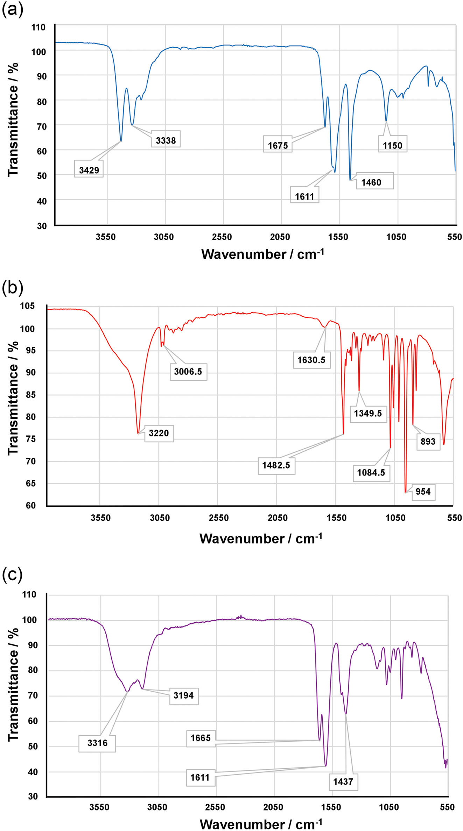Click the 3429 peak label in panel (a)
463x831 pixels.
pyautogui.click(x=89, y=170)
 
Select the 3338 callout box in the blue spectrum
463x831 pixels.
pyautogui.click(x=166, y=140)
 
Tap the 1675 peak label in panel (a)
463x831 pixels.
pyautogui.click(x=278, y=145)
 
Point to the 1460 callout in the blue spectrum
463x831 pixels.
pyautogui.click(x=371, y=182)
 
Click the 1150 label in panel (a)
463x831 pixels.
pyautogui.click(x=393, y=145)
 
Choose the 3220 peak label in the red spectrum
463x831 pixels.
pyautogui.click(x=159, y=433)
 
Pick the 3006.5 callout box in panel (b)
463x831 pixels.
pyautogui.click(x=188, y=371)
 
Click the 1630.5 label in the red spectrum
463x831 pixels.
pyautogui.click(x=311, y=360)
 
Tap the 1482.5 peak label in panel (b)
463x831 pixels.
pyautogui.click(x=276, y=465)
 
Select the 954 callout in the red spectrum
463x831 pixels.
pyautogui.click(x=423, y=491)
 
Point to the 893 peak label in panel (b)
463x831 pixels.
pyautogui.click(x=428, y=441)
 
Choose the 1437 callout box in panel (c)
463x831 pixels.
pyautogui.click(x=343, y=782)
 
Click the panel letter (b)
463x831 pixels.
pyautogui.click(x=13, y=288)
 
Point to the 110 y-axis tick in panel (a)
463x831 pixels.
pyautogui.click(x=39, y=27)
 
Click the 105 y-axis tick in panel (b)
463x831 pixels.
pyautogui.click(x=28, y=306)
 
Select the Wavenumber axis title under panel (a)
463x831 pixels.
pyautogui.click(x=262, y=254)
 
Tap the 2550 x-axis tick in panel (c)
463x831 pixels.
pyautogui.click(x=215, y=807)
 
